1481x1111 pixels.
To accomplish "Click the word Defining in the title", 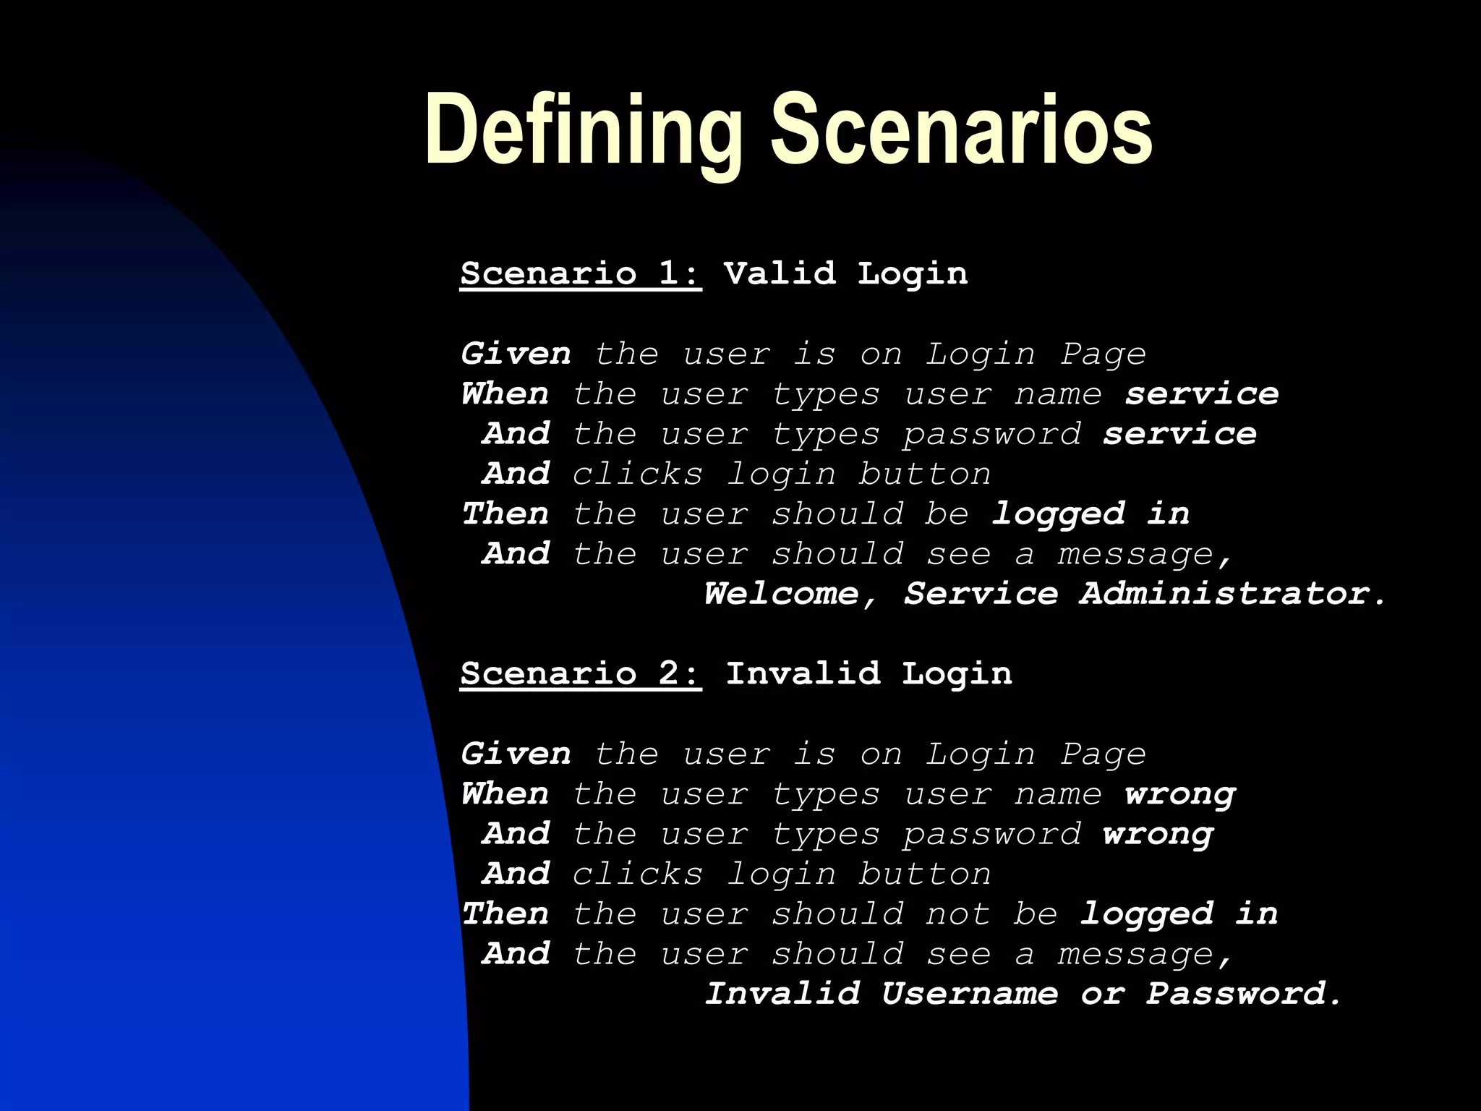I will (x=584, y=132).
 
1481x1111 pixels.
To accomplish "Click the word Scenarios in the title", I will (x=961, y=132).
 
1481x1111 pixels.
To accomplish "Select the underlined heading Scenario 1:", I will (x=581, y=274).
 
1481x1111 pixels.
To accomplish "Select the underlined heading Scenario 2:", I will (x=581, y=674).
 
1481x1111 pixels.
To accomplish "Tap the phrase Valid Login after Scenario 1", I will (x=845, y=274).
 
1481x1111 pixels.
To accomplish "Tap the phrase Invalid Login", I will (x=868, y=674).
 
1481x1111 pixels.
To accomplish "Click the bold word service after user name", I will (x=1202, y=394).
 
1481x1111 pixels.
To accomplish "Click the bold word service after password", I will (x=1179, y=434).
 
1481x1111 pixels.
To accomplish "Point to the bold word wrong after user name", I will (x=1180, y=795).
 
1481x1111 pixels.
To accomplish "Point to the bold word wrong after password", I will (x=1158, y=835).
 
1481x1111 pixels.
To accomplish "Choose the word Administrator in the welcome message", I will (x=1233, y=594).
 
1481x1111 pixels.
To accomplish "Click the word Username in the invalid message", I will (x=969, y=994).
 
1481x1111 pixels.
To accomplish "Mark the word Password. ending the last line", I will (x=1244, y=994).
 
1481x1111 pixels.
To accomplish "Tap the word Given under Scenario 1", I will (x=516, y=354).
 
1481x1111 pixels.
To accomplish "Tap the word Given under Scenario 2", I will (x=516, y=754).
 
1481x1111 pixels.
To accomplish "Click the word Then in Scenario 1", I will (x=505, y=514).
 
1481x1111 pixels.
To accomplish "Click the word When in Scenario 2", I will (x=505, y=795).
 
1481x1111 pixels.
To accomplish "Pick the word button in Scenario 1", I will (x=924, y=474).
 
